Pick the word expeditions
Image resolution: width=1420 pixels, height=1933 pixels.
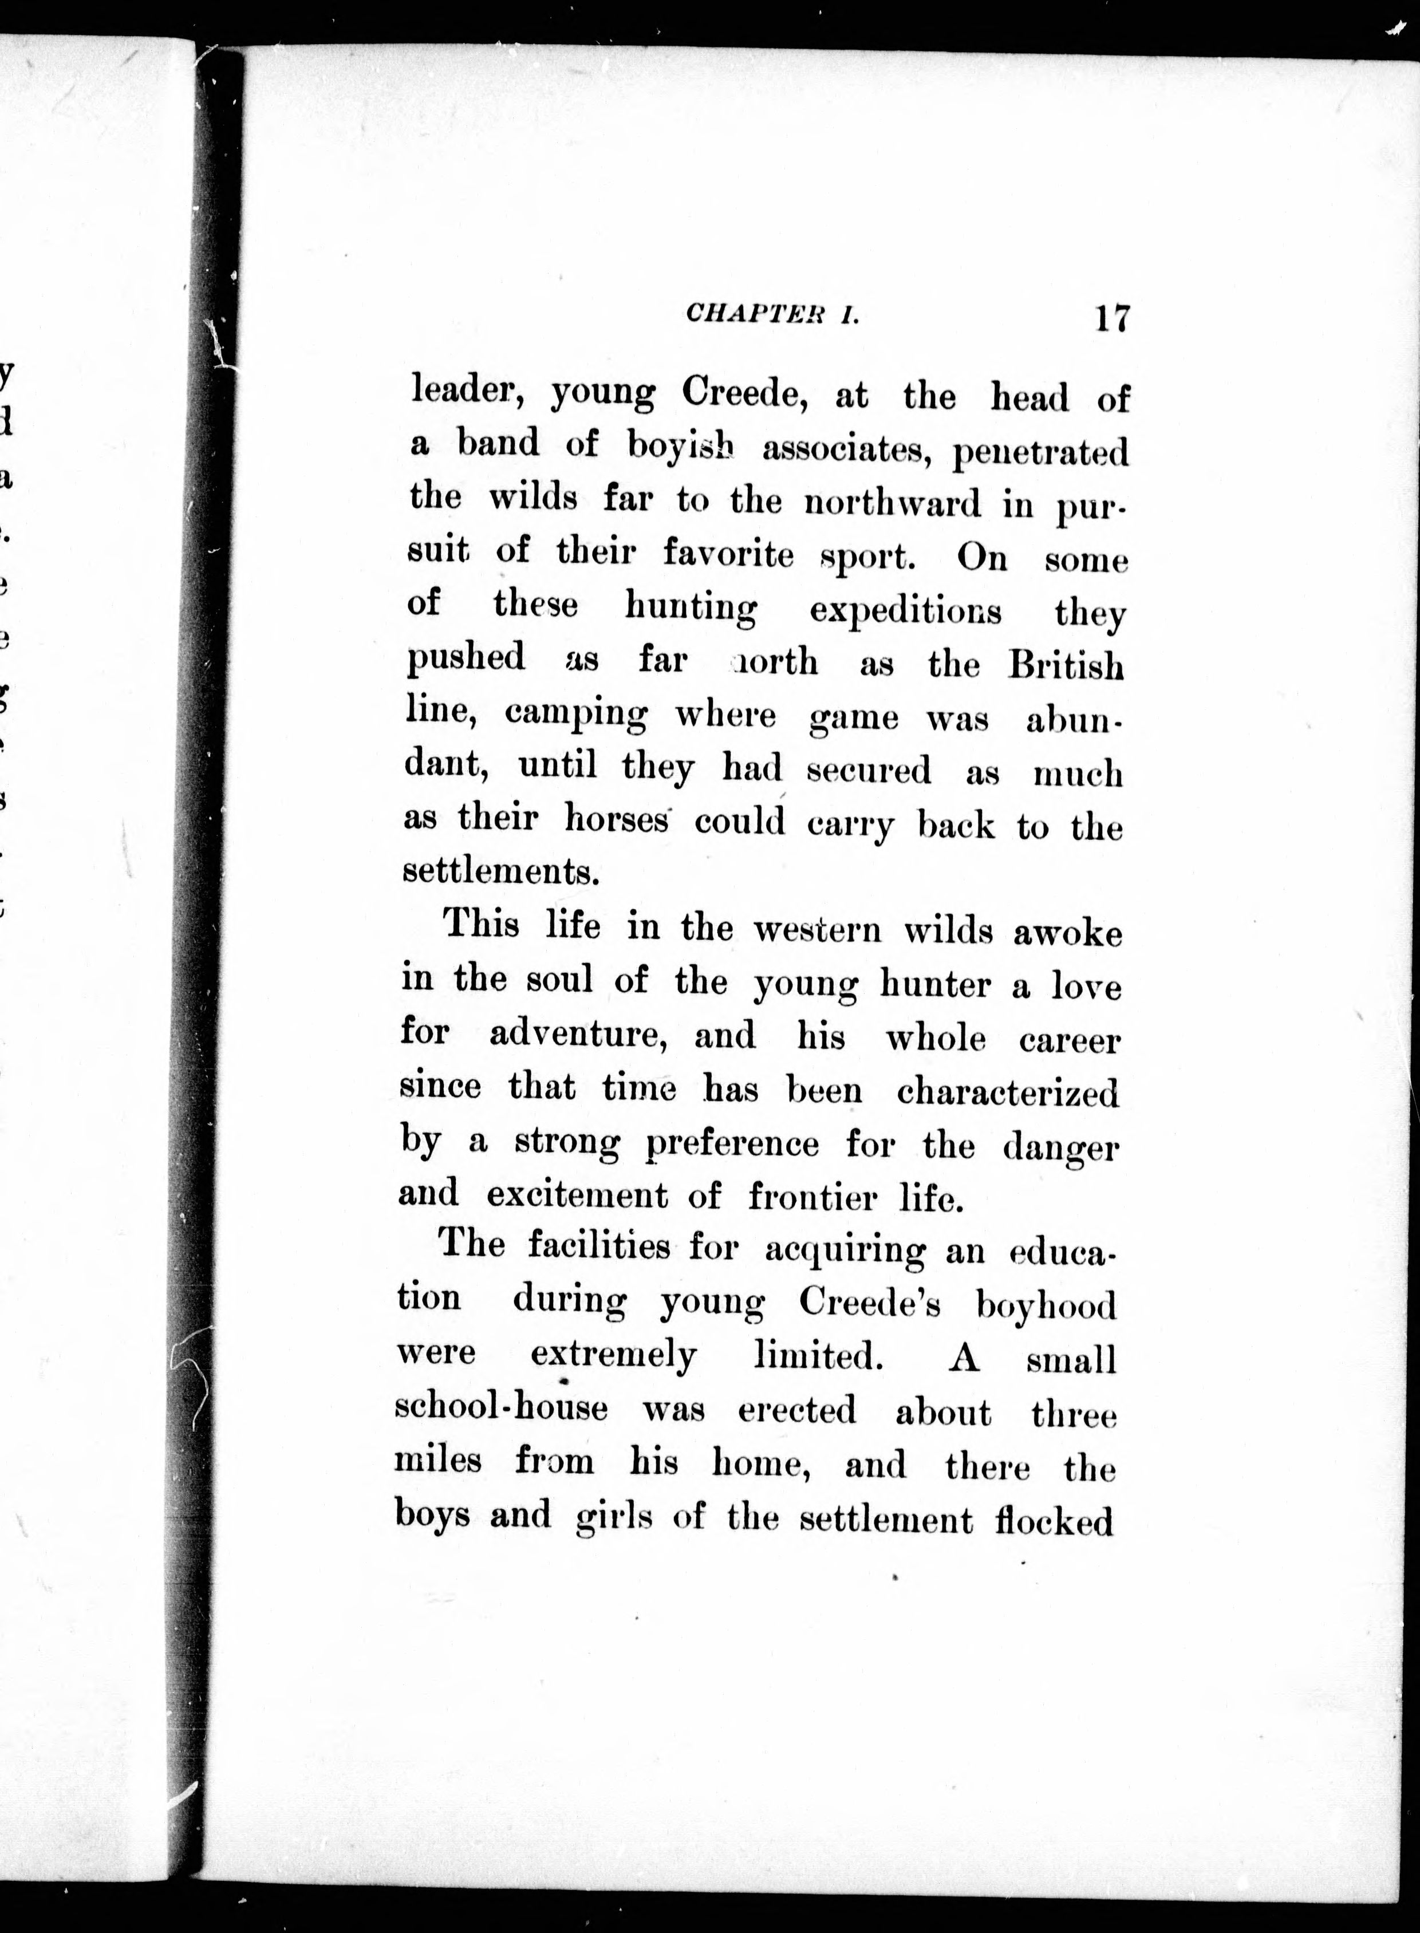(905, 610)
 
